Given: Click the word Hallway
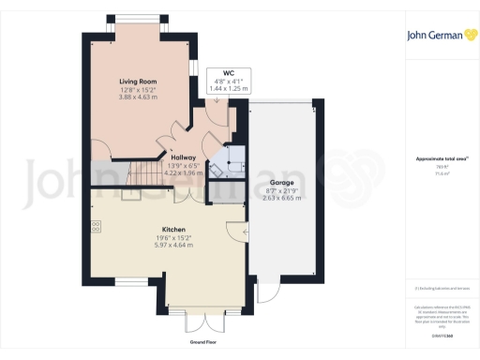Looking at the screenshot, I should [183, 157].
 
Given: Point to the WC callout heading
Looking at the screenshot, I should [228, 72].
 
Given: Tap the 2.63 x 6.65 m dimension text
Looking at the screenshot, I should [281, 198].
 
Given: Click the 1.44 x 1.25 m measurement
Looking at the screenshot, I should [228, 88].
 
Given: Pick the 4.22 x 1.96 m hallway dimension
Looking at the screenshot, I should [183, 173].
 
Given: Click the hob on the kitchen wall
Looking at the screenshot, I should [97, 227].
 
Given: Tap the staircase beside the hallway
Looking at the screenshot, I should [140, 172].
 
